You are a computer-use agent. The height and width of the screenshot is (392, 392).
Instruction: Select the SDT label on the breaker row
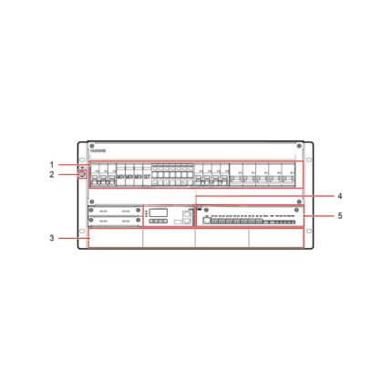point(147,176)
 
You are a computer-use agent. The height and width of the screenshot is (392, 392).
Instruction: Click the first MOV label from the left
point(120,176)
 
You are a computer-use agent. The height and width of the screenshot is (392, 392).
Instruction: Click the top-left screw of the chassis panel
point(92,146)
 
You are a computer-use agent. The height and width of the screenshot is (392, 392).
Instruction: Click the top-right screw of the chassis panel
point(299,146)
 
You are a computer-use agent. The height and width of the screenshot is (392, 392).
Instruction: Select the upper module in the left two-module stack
point(115,211)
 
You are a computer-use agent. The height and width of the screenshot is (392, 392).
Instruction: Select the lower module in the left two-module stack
point(115,221)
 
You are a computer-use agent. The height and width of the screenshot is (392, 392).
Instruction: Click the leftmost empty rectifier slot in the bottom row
point(116,238)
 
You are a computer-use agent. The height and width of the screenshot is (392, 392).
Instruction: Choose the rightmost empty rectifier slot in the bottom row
point(275,238)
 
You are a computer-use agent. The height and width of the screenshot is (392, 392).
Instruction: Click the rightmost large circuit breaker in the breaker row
point(290,175)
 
